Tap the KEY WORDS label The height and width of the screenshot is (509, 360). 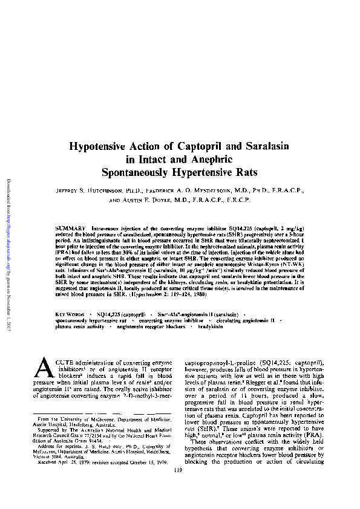[x=69, y=316]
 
